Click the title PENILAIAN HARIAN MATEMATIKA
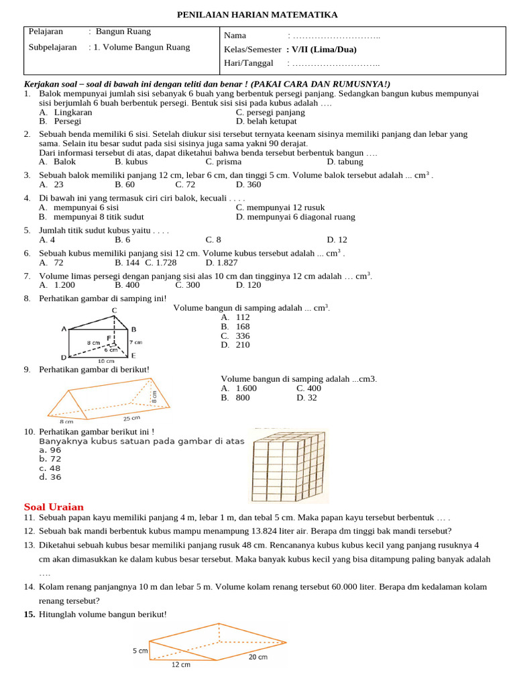(x=257, y=15)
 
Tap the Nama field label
(x=235, y=36)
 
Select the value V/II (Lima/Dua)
(x=321, y=50)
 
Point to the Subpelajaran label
(x=54, y=47)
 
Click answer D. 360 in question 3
(x=249, y=184)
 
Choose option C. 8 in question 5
(x=213, y=240)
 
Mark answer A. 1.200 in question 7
(x=57, y=285)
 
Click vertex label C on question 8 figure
(x=114, y=309)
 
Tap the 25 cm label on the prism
(x=131, y=418)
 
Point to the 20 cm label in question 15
(x=257, y=657)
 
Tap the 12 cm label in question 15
(x=180, y=664)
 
